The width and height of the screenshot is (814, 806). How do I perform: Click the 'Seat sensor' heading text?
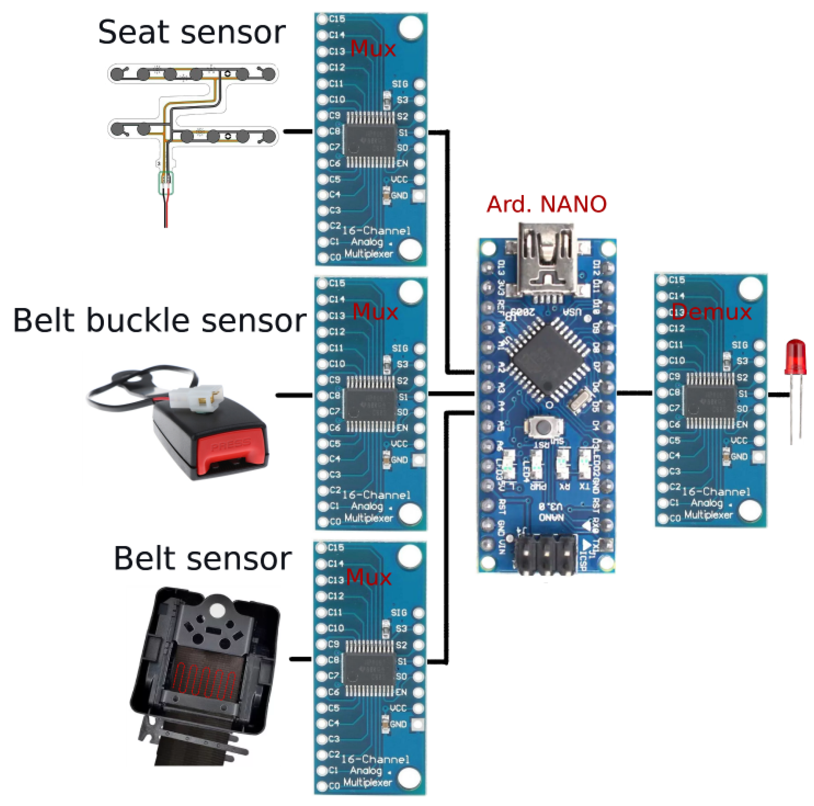tap(192, 33)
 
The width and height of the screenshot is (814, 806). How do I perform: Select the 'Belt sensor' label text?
tap(203, 559)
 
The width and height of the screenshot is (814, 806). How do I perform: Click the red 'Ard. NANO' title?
tap(546, 204)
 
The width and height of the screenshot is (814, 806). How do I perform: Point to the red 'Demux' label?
tap(712, 312)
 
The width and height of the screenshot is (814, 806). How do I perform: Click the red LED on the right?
tap(795, 358)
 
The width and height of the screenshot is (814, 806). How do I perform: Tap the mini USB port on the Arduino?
tap(546, 261)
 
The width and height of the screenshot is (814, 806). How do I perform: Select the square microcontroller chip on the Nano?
tap(546, 358)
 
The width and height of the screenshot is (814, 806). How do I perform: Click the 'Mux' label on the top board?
tap(373, 49)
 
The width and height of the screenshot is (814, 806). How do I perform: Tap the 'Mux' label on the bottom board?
tap(369, 577)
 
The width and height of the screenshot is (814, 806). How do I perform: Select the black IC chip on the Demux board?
tap(711, 400)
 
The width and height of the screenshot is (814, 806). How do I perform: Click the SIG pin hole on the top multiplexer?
tap(419, 84)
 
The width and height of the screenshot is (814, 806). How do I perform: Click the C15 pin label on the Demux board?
tap(676, 280)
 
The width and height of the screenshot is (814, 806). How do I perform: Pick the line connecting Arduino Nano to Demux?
tap(635, 393)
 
